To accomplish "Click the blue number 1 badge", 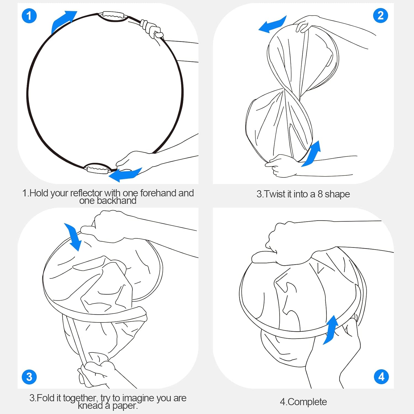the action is point(29,16).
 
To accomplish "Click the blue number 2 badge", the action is point(381,15).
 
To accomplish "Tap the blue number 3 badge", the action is point(29,377).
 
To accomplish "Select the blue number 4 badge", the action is point(381,376).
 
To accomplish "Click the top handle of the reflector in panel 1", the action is point(113,16).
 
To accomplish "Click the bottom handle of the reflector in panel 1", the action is point(97,168).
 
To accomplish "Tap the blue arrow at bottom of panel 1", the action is point(126,174).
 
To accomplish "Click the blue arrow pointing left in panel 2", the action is point(273,25).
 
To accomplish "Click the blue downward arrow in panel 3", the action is point(73,237).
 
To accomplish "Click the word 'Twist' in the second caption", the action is point(275,194).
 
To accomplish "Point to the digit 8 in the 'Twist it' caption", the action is point(320,194).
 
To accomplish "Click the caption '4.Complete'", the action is point(303,402).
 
